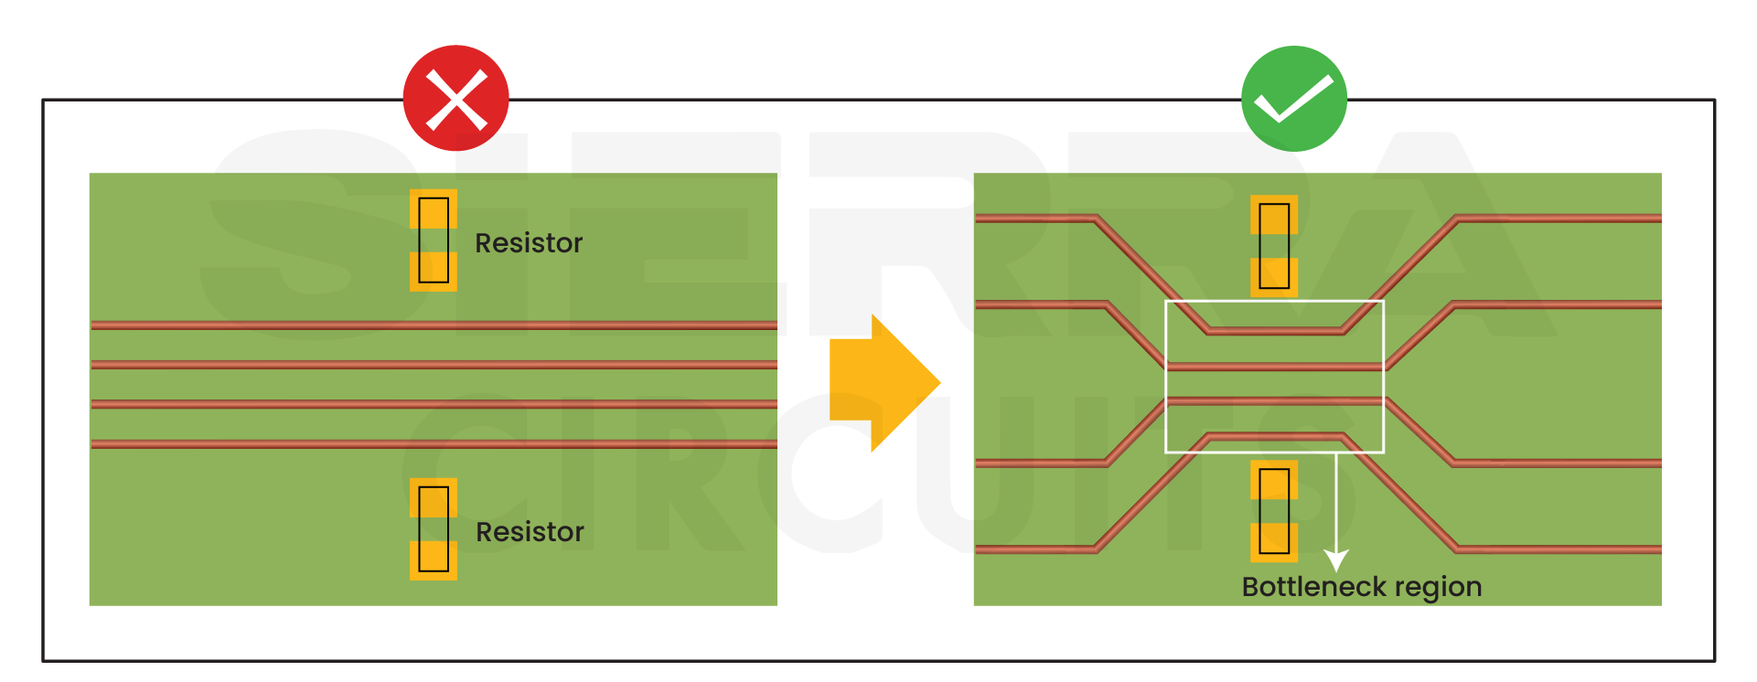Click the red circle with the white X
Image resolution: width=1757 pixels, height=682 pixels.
click(455, 98)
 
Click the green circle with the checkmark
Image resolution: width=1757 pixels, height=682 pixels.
click(1293, 98)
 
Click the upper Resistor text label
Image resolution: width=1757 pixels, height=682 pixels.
click(528, 243)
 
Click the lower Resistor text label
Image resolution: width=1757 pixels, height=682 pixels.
click(530, 532)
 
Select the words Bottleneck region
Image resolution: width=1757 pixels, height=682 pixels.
click(1361, 587)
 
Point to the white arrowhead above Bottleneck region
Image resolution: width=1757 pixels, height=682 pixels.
click(1336, 559)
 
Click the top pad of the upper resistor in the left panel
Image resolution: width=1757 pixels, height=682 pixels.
click(434, 209)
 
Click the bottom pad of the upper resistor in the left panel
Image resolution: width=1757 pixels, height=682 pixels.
click(434, 272)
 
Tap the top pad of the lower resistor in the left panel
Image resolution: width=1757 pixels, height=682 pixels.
click(434, 498)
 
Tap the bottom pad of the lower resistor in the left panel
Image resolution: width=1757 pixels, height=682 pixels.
click(434, 559)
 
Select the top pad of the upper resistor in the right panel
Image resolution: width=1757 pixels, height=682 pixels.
click(1274, 215)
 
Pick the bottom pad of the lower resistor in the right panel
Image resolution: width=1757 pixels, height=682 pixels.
click(1274, 542)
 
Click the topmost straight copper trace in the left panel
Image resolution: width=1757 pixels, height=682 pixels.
click(434, 325)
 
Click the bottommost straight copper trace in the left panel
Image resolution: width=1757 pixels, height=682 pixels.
click(434, 444)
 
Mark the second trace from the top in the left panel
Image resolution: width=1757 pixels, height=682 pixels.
click(434, 365)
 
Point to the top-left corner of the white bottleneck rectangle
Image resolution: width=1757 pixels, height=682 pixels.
click(1166, 302)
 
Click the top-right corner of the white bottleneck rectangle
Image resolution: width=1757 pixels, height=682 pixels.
click(1383, 302)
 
